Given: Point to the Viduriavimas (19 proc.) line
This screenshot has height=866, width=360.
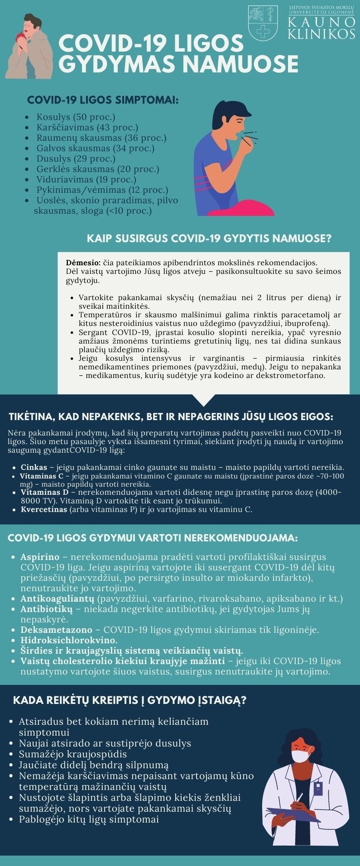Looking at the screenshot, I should pyautogui.click(x=86, y=179).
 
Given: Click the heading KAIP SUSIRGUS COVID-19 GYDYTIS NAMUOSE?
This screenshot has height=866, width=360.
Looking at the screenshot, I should pyautogui.click(x=209, y=239).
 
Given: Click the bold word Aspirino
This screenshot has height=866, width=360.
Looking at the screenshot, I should pyautogui.click(x=40, y=557).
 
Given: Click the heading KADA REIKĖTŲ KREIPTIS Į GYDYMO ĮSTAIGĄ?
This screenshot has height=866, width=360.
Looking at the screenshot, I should pyautogui.click(x=130, y=700).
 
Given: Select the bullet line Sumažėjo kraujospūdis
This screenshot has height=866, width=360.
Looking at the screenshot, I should pyautogui.click(x=72, y=754).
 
